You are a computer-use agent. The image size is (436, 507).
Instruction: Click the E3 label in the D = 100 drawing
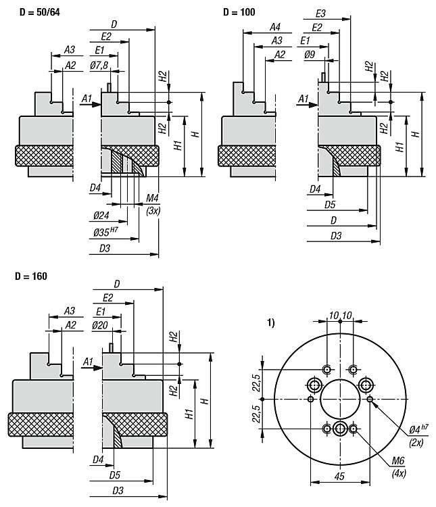tap(321, 13)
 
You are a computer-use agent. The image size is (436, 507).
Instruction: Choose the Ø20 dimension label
tap(100, 324)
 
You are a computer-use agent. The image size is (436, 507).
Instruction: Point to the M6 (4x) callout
tap(398, 466)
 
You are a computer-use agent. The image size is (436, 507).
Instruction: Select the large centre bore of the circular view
tap(339, 399)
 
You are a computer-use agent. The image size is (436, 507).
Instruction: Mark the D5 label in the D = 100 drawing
tap(331, 203)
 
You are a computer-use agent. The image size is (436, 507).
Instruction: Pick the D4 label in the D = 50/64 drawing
tap(95, 187)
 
